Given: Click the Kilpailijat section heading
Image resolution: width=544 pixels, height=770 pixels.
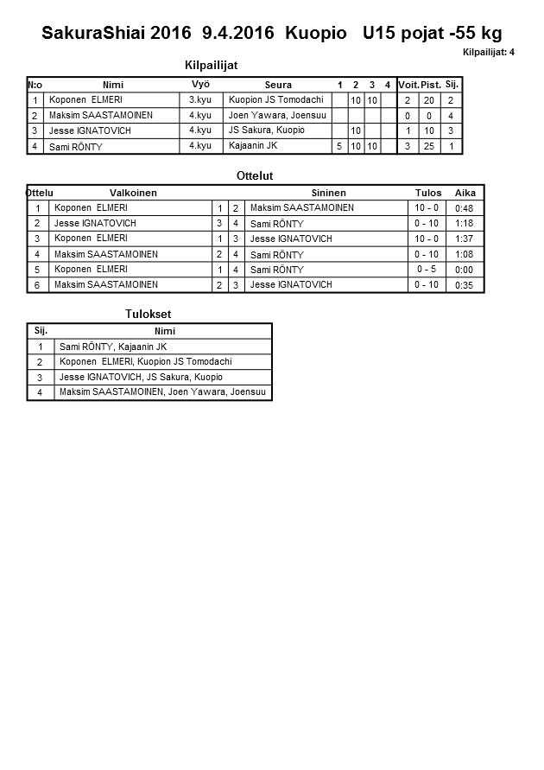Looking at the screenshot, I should (212, 65).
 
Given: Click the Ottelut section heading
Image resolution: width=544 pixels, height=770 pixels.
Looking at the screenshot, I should (255, 175).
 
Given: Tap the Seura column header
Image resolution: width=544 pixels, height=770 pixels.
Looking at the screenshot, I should (278, 85).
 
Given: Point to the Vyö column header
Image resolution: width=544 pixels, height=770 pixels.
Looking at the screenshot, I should (200, 84).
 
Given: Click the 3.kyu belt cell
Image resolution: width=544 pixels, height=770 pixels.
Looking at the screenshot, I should (200, 100).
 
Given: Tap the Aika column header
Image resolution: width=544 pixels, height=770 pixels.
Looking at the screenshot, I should (465, 193).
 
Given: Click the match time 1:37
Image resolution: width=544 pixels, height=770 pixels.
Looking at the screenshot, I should (464, 239).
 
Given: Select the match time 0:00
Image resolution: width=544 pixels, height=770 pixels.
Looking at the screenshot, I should (464, 270).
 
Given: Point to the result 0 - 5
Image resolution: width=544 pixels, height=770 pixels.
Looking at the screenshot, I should (427, 270).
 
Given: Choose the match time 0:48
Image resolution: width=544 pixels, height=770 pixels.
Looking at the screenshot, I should (464, 208).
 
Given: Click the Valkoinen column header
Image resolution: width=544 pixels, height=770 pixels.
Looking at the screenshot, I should (133, 193).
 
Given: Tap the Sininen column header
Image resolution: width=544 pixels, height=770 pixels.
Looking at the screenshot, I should (329, 193).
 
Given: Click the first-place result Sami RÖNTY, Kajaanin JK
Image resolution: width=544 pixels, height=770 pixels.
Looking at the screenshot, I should (113, 347).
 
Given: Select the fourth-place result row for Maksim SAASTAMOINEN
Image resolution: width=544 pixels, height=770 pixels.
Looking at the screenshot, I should (164, 392).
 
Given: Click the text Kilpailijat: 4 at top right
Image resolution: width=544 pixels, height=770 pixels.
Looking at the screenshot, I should (489, 53).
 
